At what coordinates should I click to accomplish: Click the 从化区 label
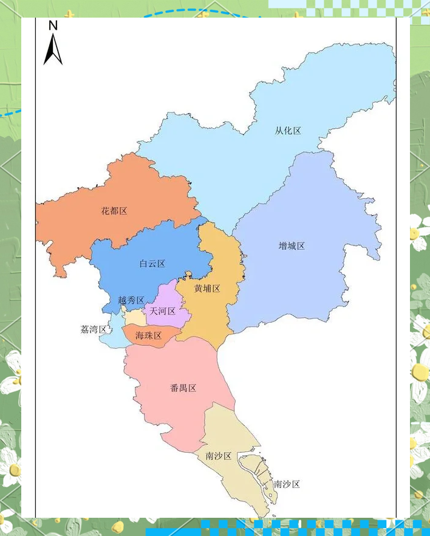[x=288, y=131]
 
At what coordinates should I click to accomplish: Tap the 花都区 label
[x=114, y=211]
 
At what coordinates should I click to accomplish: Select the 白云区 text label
[x=152, y=264]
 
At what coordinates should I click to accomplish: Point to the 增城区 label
[x=292, y=246]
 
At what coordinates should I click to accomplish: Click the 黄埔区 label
[x=207, y=289]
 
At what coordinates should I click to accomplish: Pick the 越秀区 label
[x=131, y=300]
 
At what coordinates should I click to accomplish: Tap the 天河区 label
[x=163, y=311]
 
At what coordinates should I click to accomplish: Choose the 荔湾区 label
[x=94, y=329]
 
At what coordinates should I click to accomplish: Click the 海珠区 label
[x=148, y=336]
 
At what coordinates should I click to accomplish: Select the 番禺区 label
[x=183, y=388]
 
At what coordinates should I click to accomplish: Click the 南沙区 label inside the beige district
[x=219, y=456]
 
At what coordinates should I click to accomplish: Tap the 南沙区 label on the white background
[x=287, y=484]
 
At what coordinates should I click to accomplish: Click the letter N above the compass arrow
[x=53, y=26]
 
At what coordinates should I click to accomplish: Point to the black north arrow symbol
[x=53, y=50]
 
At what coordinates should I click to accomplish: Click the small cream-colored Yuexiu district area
[x=134, y=317]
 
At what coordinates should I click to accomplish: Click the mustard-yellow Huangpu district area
[x=213, y=255]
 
